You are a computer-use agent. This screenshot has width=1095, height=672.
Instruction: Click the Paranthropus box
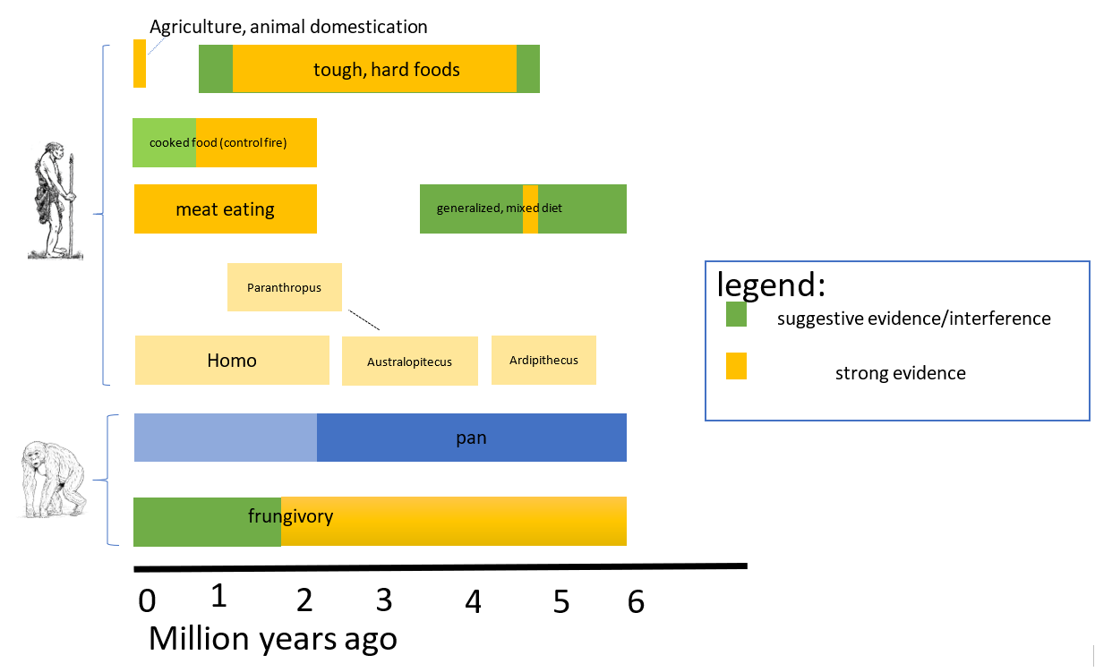click(x=285, y=287)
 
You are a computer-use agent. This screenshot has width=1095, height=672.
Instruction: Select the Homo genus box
click(x=232, y=360)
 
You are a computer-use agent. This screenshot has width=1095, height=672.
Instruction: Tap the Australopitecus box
click(x=410, y=361)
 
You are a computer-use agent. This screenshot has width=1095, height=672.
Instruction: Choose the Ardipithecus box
click(x=543, y=360)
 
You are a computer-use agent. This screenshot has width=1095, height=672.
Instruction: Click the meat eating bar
click(x=226, y=209)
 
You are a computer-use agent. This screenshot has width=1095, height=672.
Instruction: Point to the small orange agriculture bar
click(x=140, y=64)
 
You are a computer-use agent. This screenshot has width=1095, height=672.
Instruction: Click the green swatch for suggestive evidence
click(x=736, y=314)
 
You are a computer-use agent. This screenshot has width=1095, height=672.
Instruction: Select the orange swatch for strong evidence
click(x=736, y=366)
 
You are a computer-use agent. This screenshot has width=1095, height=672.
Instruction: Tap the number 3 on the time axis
click(x=384, y=600)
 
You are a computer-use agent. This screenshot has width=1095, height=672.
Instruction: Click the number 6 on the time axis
click(x=636, y=601)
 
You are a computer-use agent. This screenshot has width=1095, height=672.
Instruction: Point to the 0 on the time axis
click(x=147, y=600)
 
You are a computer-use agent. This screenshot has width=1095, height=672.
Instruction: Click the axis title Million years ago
click(x=273, y=639)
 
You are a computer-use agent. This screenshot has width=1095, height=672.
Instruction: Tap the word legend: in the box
click(x=771, y=285)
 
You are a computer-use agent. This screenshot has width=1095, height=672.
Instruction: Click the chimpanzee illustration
click(x=54, y=480)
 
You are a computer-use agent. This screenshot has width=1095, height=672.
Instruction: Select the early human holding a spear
click(x=56, y=200)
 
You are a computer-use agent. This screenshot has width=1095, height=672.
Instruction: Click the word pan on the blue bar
click(x=471, y=438)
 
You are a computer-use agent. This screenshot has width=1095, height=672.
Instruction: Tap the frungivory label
click(x=290, y=516)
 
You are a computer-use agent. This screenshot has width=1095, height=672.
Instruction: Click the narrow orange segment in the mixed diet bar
click(x=530, y=209)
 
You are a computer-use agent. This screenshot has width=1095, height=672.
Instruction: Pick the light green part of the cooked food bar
click(x=164, y=142)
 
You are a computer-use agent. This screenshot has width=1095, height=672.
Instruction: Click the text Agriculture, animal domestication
click(x=288, y=27)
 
